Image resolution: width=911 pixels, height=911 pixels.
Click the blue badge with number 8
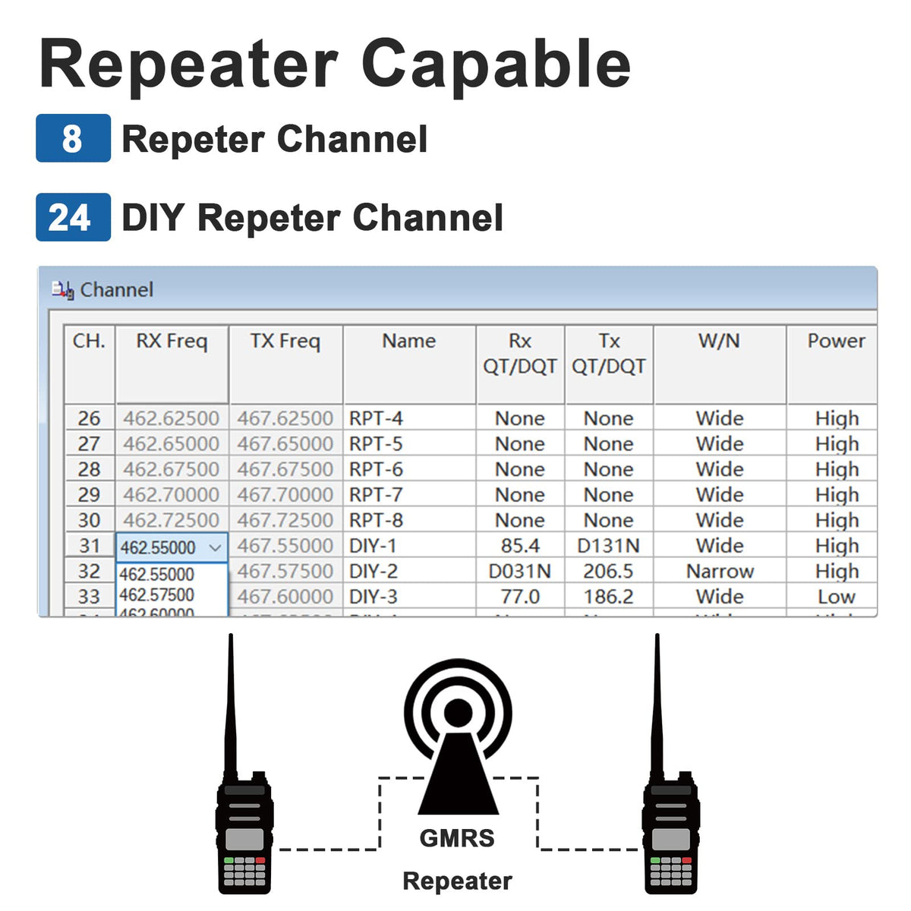point(73,138)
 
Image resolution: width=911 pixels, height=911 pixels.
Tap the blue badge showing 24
point(73,217)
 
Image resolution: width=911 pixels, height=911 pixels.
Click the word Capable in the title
point(496,64)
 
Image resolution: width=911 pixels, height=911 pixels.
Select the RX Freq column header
point(172,342)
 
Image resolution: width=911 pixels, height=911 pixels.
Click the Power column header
point(835,342)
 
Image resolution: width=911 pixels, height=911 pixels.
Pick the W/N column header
point(719,342)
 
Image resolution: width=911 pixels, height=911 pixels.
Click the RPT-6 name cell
point(377,469)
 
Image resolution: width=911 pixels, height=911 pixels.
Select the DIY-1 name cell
point(373,546)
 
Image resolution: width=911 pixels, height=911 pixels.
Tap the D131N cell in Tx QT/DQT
point(608,546)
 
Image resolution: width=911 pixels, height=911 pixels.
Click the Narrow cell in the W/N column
point(720,571)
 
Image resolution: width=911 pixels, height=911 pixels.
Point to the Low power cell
point(836,597)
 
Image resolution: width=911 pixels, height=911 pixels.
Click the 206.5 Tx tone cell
point(608,571)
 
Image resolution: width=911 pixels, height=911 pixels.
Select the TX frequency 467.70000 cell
point(285,495)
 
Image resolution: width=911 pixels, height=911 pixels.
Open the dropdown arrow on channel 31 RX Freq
point(216,547)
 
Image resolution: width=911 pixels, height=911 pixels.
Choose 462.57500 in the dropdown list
point(157,594)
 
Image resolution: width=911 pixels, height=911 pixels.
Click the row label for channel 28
point(89,469)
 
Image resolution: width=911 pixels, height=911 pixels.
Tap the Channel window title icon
point(62,290)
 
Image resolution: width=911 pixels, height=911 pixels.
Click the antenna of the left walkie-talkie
point(231,698)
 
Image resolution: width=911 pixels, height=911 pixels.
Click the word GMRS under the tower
point(457,838)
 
